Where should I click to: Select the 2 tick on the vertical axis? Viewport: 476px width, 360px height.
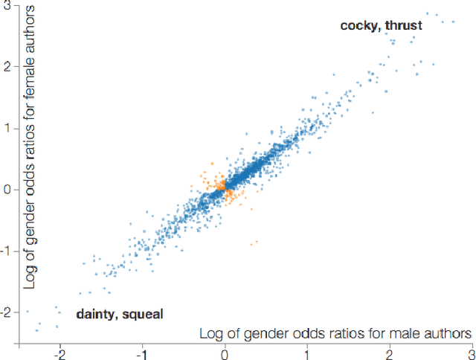pyautogui.click(x=7, y=65)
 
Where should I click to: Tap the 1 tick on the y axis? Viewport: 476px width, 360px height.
pyautogui.click(x=7, y=127)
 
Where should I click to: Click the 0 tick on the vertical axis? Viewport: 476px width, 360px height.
pyautogui.click(x=7, y=189)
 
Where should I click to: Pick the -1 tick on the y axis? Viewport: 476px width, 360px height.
pyautogui.click(x=5, y=251)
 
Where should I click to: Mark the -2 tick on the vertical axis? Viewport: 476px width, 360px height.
pyautogui.click(x=5, y=312)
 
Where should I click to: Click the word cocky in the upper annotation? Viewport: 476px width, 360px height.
pyautogui.click(x=359, y=26)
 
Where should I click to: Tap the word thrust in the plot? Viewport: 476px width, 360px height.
pyautogui.click(x=402, y=26)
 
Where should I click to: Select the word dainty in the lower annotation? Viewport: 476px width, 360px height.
pyautogui.click(x=95, y=314)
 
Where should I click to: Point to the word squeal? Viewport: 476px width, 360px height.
pyautogui.click(x=141, y=314)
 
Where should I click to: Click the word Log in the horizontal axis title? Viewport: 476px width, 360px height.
pyautogui.click(x=210, y=333)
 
